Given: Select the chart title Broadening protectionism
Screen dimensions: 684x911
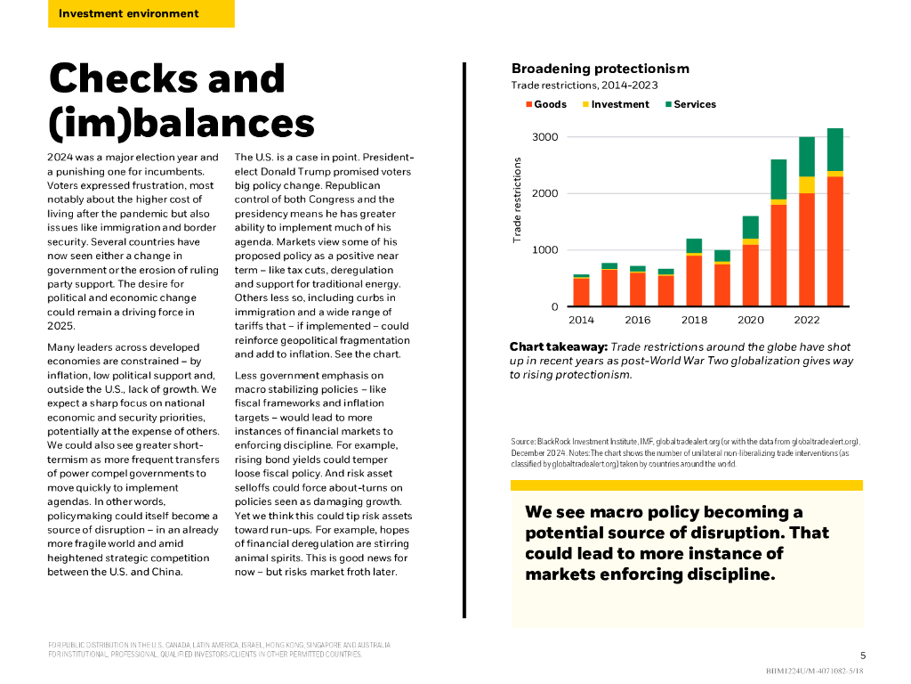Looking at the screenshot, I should pos(600,69).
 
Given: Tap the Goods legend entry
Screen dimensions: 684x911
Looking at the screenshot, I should pos(550,104).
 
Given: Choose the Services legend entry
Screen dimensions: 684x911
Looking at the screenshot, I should pos(695,104).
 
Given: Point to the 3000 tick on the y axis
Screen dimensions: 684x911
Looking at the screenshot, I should pos(545,137).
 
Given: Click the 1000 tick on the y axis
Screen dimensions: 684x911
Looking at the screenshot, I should pos(545,250).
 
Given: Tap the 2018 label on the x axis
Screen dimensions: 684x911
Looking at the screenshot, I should pos(694,320).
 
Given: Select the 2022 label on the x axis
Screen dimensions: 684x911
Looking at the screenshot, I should pos(806,320).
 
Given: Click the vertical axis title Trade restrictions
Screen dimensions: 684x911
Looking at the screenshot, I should pos(517,200).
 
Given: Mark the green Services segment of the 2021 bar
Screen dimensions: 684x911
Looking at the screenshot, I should pos(778,179).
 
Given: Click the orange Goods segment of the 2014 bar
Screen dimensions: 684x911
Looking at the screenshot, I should pos(582,292).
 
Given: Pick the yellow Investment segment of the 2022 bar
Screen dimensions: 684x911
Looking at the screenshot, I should pos(807,184).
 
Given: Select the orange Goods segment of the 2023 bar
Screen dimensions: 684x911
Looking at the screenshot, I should pos(834,240).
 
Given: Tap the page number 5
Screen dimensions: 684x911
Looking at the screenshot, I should pos(862,655).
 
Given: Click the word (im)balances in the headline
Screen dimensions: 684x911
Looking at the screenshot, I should pos(181,124).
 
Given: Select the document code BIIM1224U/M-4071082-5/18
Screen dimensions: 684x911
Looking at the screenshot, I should pos(815,671).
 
